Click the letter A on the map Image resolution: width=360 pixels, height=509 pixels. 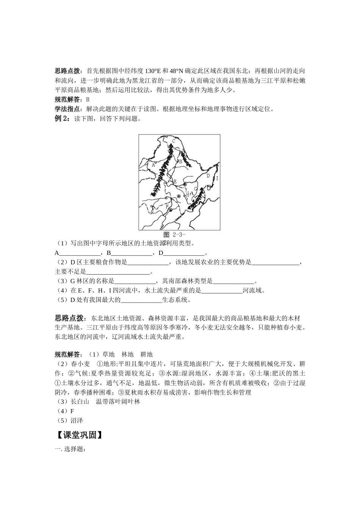click(x=153, y=165)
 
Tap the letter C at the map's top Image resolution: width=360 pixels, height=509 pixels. click(x=173, y=141)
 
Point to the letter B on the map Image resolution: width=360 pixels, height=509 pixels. click(x=181, y=161)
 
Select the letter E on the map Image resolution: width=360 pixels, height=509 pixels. click(x=175, y=182)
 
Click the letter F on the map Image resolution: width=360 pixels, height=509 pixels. click(x=167, y=206)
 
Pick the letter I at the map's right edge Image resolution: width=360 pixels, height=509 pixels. click(x=217, y=178)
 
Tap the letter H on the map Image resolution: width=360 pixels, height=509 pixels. click(x=187, y=194)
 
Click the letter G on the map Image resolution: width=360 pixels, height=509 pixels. click(x=196, y=188)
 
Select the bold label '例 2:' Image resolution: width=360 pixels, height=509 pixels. click(x=63, y=119)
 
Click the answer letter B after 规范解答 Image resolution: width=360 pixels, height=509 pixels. click(x=88, y=100)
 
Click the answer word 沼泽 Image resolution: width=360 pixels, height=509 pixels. click(x=77, y=420)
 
